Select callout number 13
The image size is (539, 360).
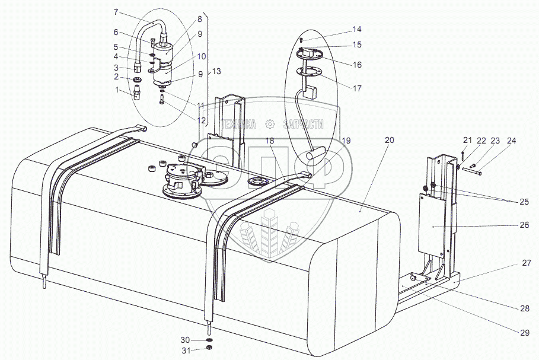coord(216,71)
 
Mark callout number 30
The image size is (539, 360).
coord(185,340)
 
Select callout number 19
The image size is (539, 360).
coord(347,141)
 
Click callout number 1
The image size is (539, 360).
coord(117,90)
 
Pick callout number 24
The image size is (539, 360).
coord(512,141)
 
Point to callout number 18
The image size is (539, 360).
coord(270,141)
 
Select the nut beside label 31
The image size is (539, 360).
coord(208,349)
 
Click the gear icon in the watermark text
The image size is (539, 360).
coord(270,124)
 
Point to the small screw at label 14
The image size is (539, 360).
coord(302,39)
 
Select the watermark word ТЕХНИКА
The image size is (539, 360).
coord(238,124)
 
